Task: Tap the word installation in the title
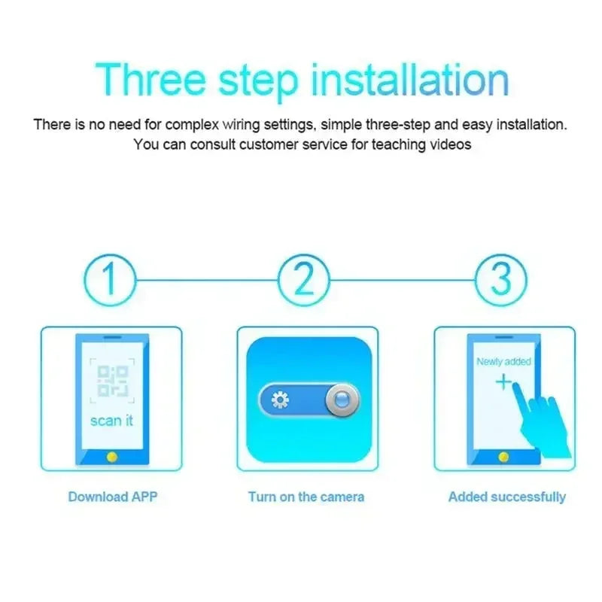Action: tap(410, 79)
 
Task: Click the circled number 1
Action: tap(110, 279)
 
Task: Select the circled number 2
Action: tap(304, 279)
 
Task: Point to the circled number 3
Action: tap(500, 279)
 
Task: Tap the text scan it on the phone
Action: tap(111, 421)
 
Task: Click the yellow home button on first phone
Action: tap(112, 456)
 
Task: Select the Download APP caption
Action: tap(113, 497)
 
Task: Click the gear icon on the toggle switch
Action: tap(280, 400)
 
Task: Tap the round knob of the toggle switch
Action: tap(342, 400)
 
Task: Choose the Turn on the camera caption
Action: tap(306, 497)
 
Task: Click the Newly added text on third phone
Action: tap(503, 362)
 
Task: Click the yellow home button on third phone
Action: tap(504, 456)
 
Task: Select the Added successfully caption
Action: tap(506, 497)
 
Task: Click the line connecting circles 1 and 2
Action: tap(207, 279)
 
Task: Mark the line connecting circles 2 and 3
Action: tap(402, 279)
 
